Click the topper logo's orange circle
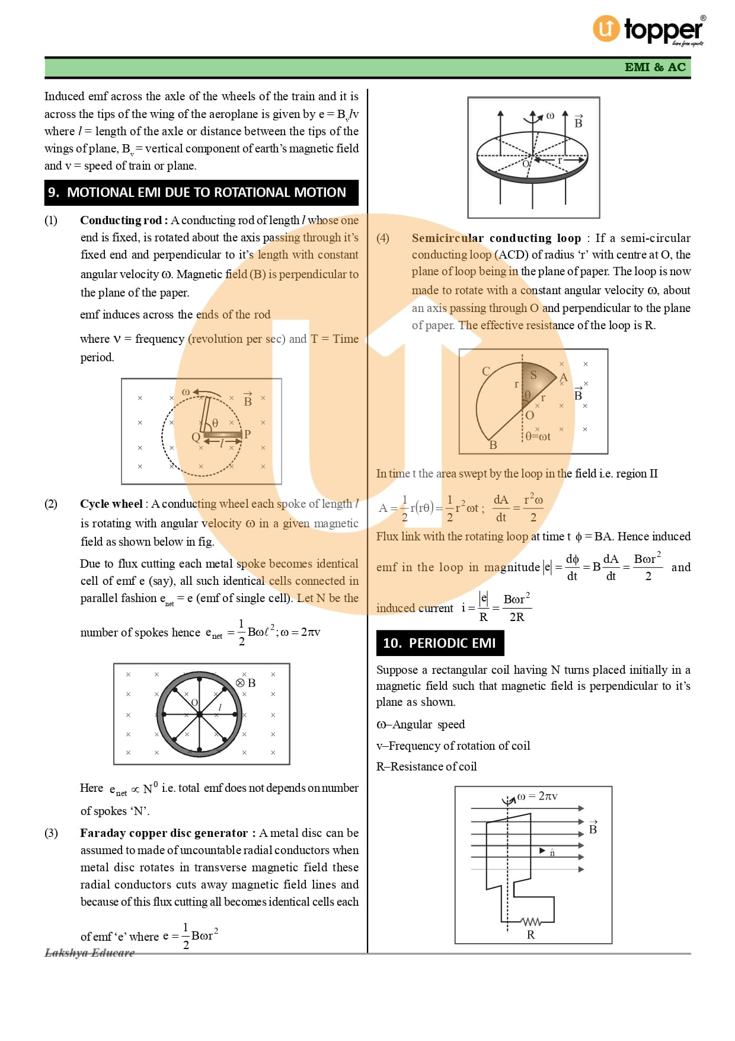[606, 28]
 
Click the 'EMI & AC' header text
[655, 67]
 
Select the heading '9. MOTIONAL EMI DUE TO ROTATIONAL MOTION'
[201, 192]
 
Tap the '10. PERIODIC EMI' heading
[439, 643]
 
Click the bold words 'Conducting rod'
[121, 220]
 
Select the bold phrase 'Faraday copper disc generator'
[164, 833]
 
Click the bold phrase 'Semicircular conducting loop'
[496, 238]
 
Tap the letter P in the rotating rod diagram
[247, 434]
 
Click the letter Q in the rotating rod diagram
[196, 437]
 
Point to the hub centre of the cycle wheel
[200, 714]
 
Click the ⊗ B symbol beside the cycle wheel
[246, 683]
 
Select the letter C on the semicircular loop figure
[485, 371]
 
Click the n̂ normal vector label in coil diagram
[552, 852]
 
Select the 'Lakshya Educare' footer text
[90, 953]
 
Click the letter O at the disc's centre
[526, 164]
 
